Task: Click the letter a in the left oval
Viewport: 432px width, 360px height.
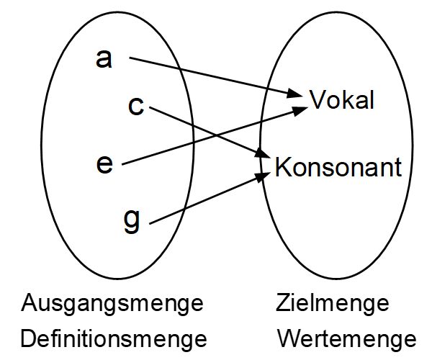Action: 104,59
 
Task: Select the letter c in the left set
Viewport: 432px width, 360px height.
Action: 136,106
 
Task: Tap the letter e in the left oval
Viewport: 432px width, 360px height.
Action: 104,164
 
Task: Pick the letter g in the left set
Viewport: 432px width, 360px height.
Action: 132,220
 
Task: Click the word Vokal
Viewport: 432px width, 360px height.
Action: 342,99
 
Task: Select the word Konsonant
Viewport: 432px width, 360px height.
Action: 338,166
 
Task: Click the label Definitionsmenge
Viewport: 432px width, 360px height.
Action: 114,339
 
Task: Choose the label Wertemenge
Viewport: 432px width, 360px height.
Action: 346,339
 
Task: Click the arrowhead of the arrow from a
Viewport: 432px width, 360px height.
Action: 295,94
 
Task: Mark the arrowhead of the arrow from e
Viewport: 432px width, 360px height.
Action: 300,110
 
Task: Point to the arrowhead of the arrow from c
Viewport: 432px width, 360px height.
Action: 263,153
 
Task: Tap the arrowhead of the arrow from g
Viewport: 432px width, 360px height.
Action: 263,176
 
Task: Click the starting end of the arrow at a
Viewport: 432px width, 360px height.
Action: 130,58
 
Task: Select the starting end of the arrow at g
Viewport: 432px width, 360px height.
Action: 150,223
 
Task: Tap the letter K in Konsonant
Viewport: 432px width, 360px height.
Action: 283,166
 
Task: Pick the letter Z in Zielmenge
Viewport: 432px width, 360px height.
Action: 283,302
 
